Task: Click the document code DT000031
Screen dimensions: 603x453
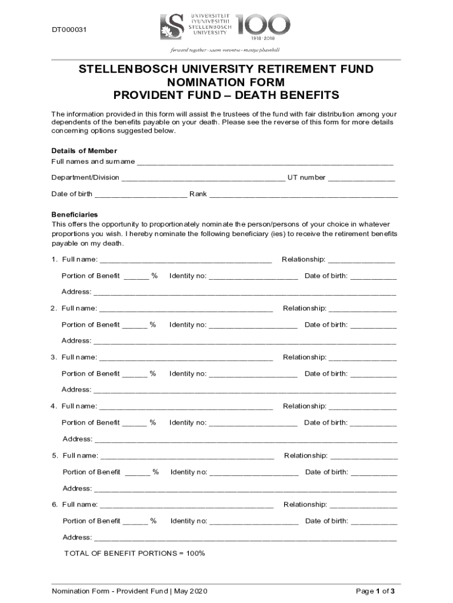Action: (x=69, y=30)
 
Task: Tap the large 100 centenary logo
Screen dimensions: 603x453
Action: (x=263, y=25)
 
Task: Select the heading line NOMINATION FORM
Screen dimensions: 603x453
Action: (x=226, y=82)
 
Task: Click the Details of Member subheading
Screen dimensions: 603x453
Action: (x=84, y=151)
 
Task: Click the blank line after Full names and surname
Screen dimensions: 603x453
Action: (x=265, y=163)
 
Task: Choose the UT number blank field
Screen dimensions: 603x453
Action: (x=361, y=178)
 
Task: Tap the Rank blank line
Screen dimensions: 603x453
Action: (x=304, y=195)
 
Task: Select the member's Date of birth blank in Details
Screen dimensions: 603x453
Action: (x=141, y=195)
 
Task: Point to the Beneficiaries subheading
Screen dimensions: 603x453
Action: (x=75, y=214)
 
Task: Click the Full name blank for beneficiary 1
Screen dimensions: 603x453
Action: (x=186, y=260)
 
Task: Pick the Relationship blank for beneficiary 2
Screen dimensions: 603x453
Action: (x=362, y=309)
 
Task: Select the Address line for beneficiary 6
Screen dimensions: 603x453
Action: (x=245, y=538)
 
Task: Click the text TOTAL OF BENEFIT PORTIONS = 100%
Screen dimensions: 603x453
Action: (x=134, y=554)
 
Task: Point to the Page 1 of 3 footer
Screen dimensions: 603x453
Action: (x=375, y=591)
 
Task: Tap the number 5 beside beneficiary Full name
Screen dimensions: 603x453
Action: (x=54, y=455)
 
